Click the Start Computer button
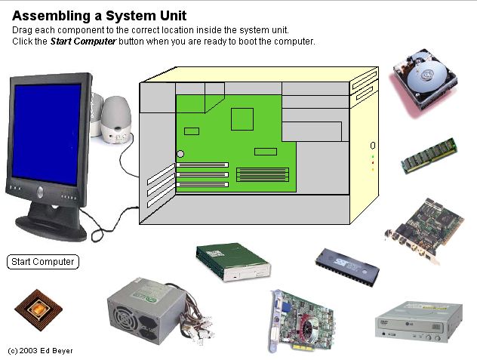click(43, 262)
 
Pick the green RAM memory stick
click(429, 155)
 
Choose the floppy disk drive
click(232, 262)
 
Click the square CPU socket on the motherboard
click(242, 118)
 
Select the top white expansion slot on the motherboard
click(203, 165)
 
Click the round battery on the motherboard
click(180, 154)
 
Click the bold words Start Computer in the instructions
click(83, 41)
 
